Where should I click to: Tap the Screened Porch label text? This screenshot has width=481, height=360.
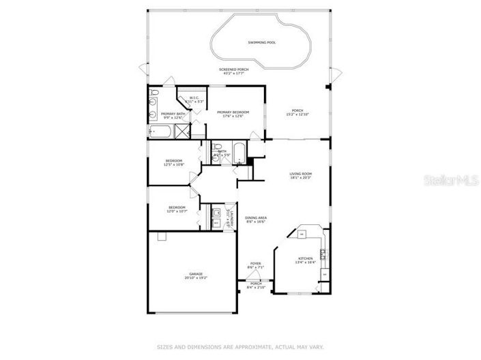[x=233, y=70]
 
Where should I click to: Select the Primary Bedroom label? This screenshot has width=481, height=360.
[x=233, y=112]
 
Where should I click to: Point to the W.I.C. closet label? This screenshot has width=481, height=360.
[x=194, y=97]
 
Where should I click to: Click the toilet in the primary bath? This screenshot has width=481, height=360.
[x=154, y=93]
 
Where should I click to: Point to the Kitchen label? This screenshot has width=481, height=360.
[x=305, y=258]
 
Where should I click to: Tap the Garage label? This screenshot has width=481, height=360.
[x=192, y=275]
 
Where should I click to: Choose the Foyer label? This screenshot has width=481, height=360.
[x=255, y=263]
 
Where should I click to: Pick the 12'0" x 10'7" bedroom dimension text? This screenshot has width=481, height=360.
[x=177, y=211]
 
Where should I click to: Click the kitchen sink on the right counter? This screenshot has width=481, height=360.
[x=323, y=256]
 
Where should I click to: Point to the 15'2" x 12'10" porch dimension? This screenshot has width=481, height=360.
[x=297, y=114]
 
